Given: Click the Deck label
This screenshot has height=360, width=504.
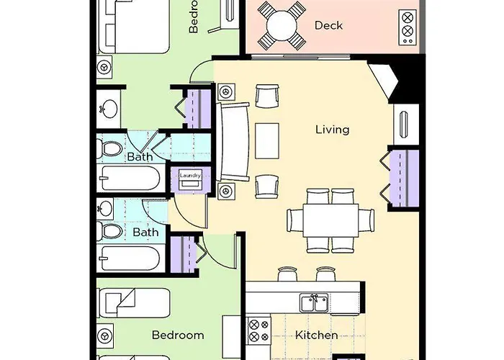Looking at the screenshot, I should pos(328,26).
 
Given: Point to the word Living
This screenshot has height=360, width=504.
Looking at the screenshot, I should pos(332,130).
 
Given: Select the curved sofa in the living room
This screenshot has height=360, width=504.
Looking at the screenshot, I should pos(232,141).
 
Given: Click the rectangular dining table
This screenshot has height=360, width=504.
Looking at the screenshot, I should pos(331,220).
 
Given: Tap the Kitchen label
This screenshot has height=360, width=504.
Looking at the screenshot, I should pos(317,336).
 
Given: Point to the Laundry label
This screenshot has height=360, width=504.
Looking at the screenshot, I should pos(189,175).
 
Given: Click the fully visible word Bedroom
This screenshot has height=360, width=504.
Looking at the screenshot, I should pos(178,336).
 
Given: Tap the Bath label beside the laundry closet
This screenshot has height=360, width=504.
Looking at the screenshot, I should pos(140,157).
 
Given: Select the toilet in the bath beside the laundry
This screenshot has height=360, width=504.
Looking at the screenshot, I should pos(111,149).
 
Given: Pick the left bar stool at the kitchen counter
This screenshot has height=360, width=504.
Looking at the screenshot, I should pos(287,274).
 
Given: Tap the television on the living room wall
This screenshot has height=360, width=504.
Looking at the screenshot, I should pos(405,122).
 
